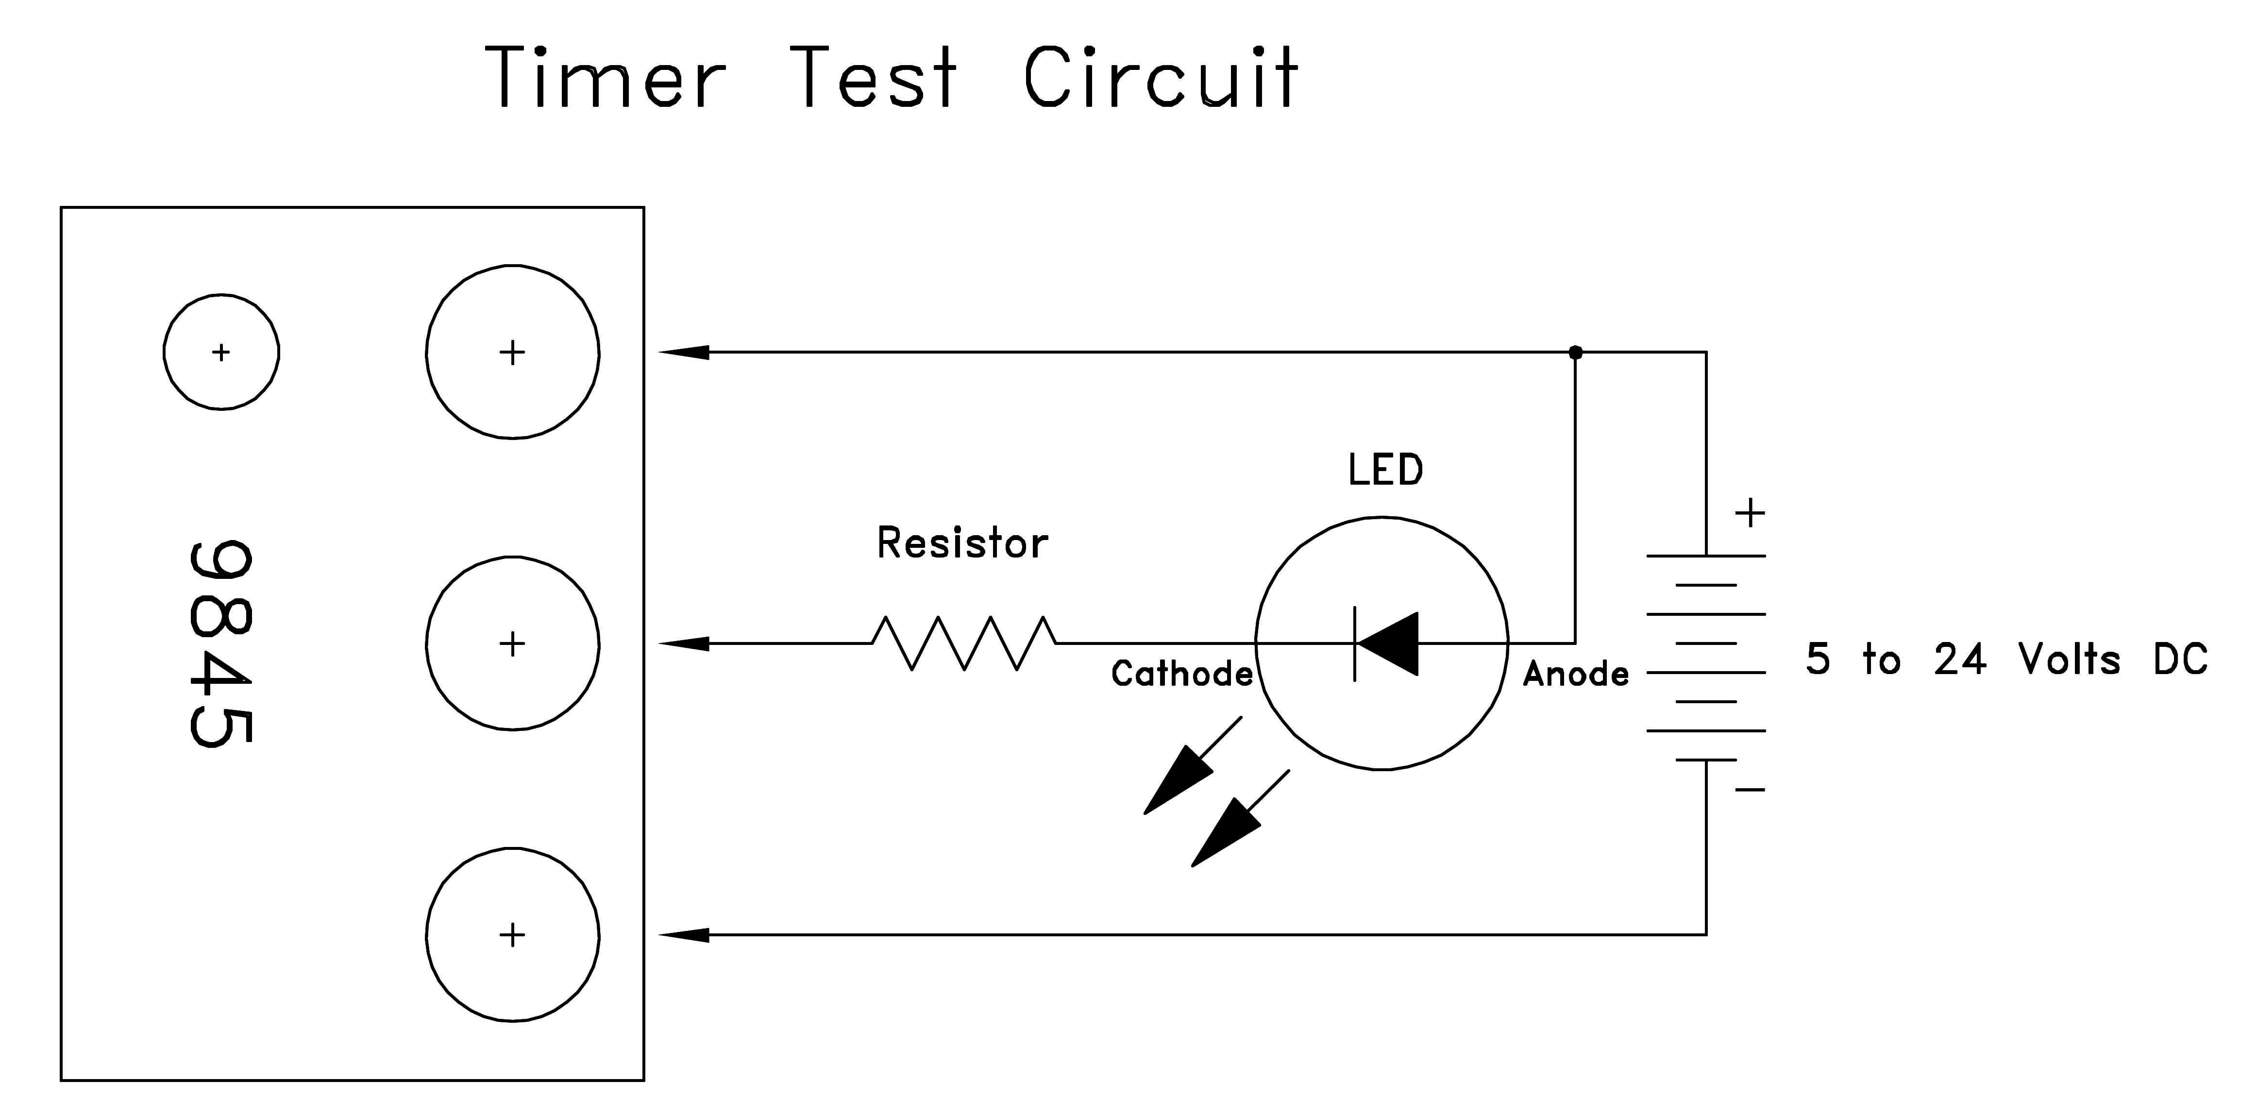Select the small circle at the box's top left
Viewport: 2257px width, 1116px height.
click(221, 352)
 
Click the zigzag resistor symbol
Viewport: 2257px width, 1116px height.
click(964, 644)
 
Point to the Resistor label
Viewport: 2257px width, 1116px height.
click(962, 543)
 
